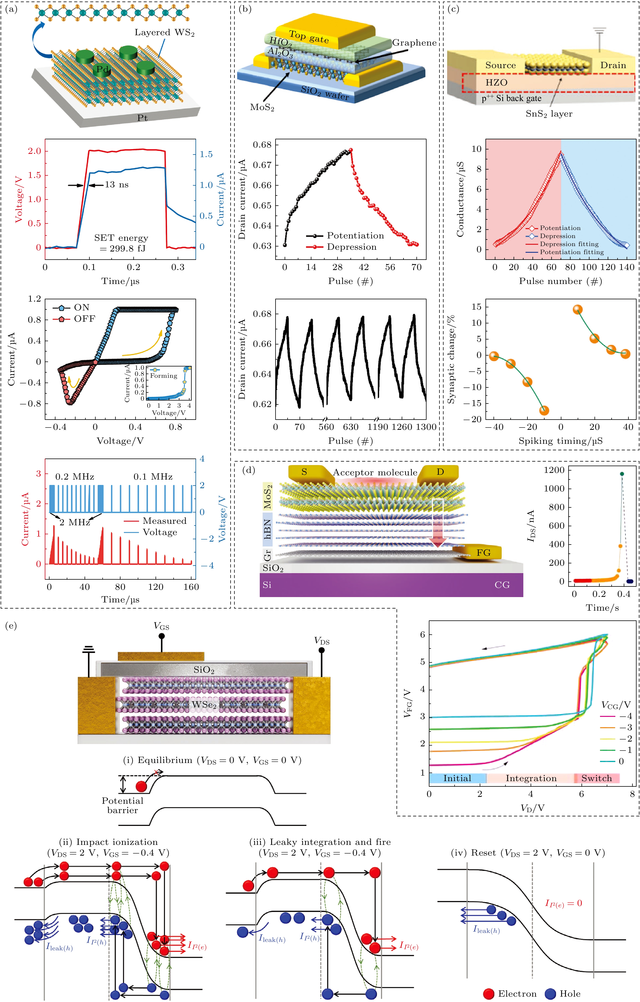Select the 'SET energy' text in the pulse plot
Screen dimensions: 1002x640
coord(121,238)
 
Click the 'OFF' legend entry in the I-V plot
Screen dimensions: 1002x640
coord(84,319)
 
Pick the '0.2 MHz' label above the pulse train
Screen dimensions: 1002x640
coord(75,477)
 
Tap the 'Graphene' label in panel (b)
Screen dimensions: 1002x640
coord(414,43)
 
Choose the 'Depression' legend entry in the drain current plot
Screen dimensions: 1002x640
coord(351,247)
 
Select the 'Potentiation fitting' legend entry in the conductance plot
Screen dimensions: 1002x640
coord(572,252)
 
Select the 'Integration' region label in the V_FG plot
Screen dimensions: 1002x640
coord(531,778)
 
